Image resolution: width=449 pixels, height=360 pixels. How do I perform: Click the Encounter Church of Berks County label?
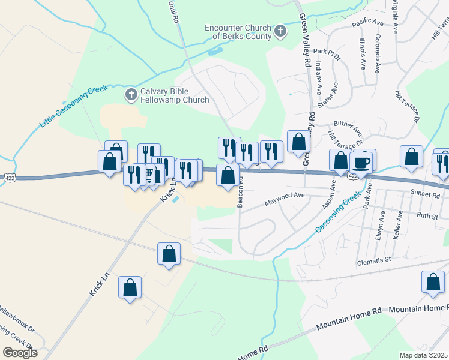(238, 31)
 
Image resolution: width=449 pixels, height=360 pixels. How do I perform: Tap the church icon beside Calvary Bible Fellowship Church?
(131, 94)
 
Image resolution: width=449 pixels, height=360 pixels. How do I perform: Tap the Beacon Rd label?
(240, 191)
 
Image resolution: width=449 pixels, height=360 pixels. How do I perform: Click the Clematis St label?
(375, 260)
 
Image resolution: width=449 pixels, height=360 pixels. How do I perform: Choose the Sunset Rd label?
(427, 194)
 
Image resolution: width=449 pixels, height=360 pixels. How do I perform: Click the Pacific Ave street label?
(367, 22)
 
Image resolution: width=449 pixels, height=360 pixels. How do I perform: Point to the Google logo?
(20, 353)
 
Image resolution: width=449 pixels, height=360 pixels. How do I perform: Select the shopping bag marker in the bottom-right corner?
(433, 283)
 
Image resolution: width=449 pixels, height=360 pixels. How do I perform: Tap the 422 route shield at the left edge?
(8, 178)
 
